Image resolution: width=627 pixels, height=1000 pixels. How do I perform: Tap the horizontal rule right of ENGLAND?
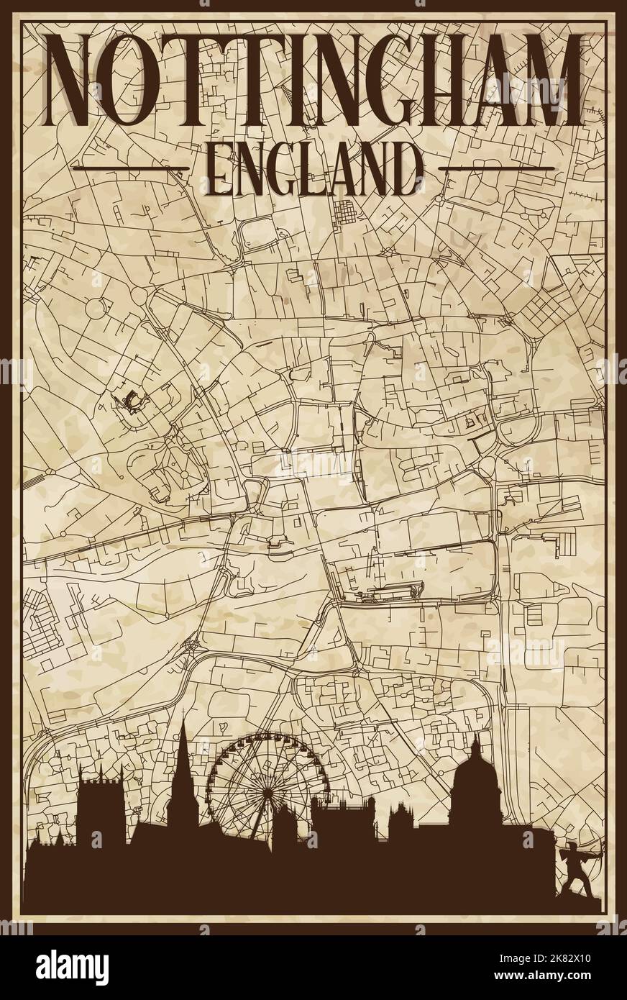(x=495, y=168)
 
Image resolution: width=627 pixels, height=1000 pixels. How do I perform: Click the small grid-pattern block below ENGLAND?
(x=347, y=214)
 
